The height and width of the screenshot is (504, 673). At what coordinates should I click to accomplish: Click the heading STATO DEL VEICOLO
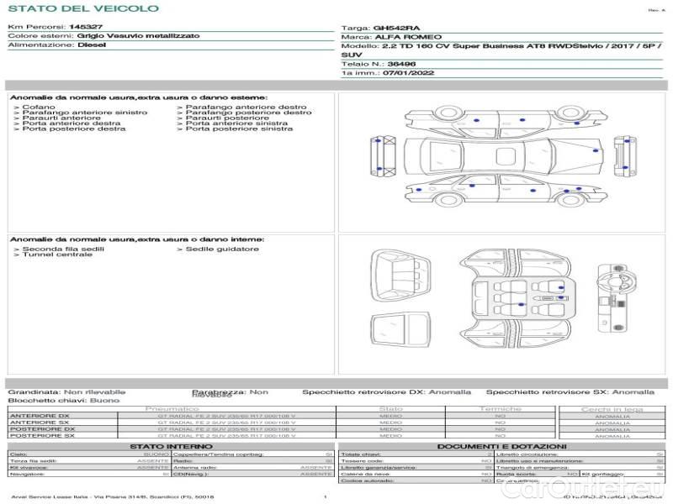coord(82,8)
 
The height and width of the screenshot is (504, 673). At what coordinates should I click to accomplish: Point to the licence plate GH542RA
coord(392,28)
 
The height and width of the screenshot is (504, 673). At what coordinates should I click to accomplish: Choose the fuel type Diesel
coord(91,45)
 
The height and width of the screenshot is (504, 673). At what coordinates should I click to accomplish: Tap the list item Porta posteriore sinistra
coord(239,129)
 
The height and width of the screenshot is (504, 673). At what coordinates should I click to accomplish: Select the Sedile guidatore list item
coord(222,249)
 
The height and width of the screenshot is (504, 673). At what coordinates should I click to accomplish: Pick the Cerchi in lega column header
coord(612,409)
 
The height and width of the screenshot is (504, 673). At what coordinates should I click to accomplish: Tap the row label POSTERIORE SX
coord(41,435)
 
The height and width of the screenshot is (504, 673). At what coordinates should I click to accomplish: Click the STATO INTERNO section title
coord(170,446)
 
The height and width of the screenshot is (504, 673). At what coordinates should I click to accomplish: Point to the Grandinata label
coord(34,391)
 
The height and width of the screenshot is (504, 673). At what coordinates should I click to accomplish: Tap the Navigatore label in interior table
coord(29,474)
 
